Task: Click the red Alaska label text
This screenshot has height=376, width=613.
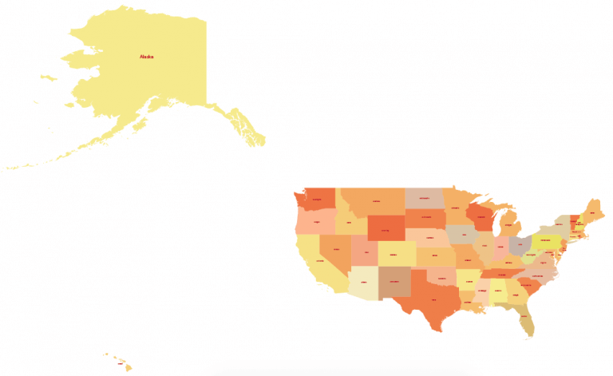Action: pos(146,57)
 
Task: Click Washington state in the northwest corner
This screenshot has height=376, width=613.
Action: pos(317,200)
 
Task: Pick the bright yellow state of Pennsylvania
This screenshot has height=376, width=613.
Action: pos(547,239)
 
